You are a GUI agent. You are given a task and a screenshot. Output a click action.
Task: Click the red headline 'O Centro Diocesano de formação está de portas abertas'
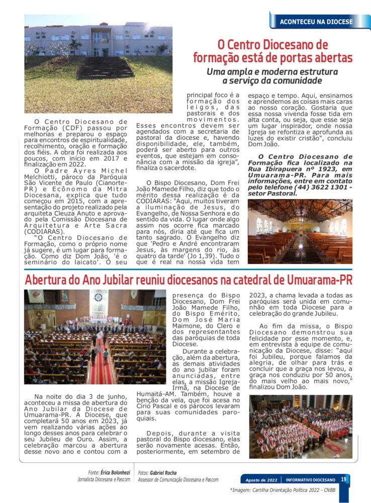pyautogui.click(x=273, y=51)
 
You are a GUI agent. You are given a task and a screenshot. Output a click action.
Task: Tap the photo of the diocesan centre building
pyautogui.click(x=98, y=63)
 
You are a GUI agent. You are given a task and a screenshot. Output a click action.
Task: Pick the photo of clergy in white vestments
pyautogui.click(x=301, y=427)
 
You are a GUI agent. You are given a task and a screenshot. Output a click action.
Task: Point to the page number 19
pyautogui.click(x=344, y=479)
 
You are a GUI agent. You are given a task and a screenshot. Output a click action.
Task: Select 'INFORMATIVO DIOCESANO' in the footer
pyautogui.click(x=310, y=480)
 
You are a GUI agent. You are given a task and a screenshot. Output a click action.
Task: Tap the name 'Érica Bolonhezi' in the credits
pyautogui.click(x=115, y=473)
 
